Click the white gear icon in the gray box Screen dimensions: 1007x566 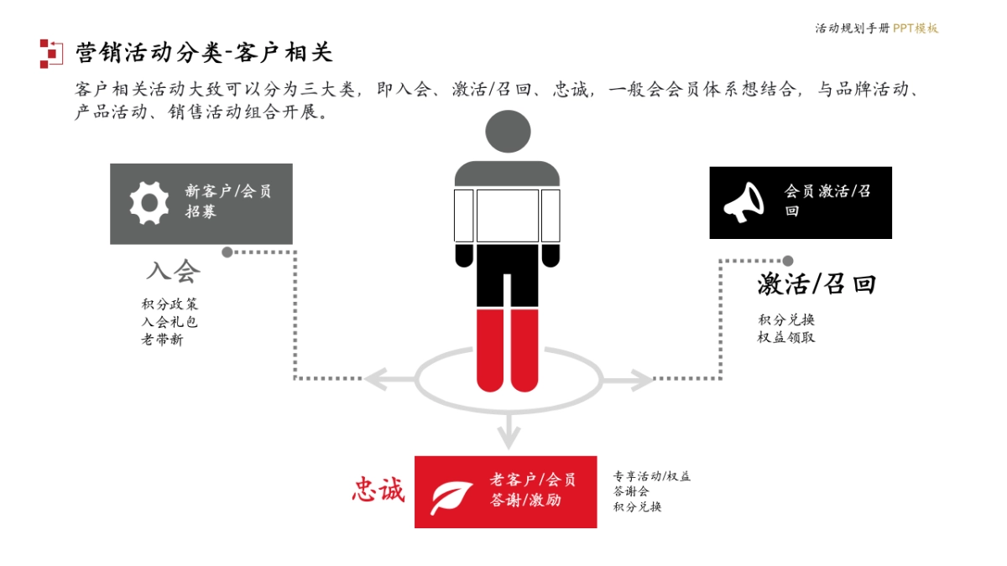point(149,203)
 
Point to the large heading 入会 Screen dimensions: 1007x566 point(173,271)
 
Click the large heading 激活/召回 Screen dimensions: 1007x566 point(816,284)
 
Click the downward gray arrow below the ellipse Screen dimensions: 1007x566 point(506,432)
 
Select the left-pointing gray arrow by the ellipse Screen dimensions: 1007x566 point(382,379)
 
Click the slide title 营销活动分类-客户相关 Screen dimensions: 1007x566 point(204,53)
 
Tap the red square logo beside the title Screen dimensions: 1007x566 point(50,53)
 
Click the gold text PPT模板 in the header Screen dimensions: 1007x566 point(916,29)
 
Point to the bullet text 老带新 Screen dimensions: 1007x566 point(162,340)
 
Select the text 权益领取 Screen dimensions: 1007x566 point(786,337)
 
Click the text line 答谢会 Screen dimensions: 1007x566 point(631,491)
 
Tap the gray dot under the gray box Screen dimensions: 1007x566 point(227,252)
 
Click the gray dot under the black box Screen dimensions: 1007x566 point(787,261)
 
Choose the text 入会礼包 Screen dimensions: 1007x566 point(170,322)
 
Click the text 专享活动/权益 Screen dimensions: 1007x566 point(652,476)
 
